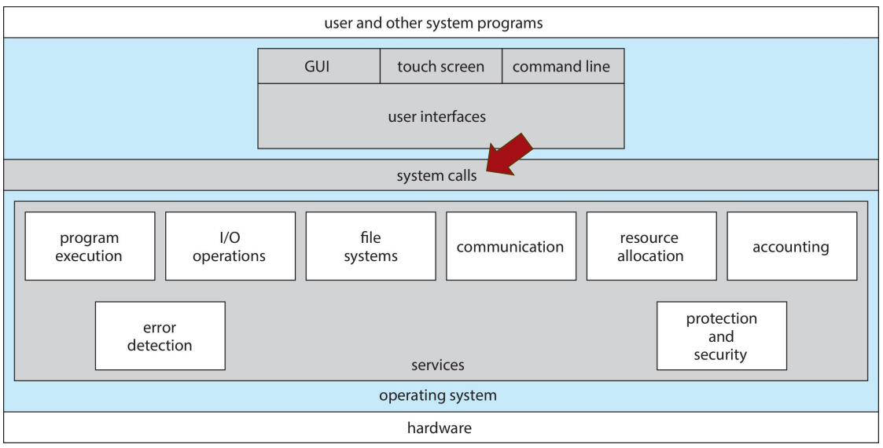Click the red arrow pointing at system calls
[x=509, y=155]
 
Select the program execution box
[x=90, y=246]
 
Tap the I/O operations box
[x=230, y=246]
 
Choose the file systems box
[x=370, y=246]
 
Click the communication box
[x=510, y=246]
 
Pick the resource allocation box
[x=651, y=246]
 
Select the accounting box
[x=791, y=246]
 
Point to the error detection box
[x=160, y=336]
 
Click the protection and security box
[x=721, y=336]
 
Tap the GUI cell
[x=318, y=67]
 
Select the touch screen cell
[x=440, y=67]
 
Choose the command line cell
[x=561, y=67]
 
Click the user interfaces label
[x=437, y=117]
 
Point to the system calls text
[x=436, y=175]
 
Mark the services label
[x=438, y=365]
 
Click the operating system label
[x=438, y=395]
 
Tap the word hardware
[x=440, y=428]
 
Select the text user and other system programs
[x=433, y=23]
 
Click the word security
[x=720, y=354]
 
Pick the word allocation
[x=650, y=255]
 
